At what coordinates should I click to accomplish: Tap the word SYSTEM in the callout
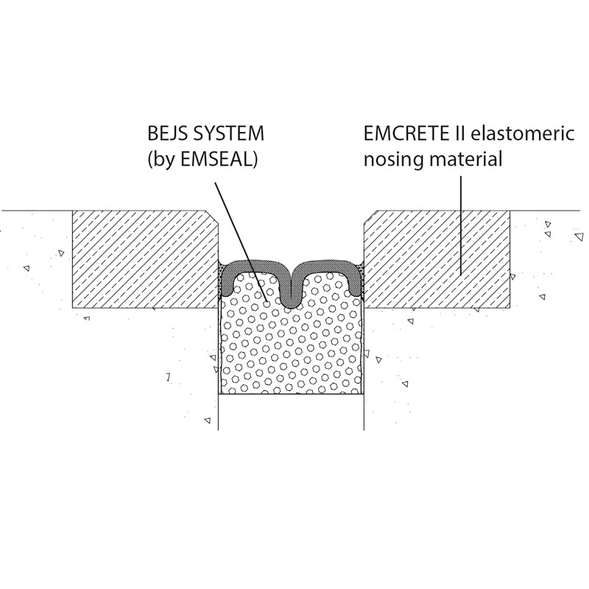tap(228, 134)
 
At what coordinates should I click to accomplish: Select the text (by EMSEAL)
tap(202, 160)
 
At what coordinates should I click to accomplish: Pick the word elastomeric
tap(521, 134)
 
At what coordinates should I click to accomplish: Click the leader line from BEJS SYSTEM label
tap(241, 243)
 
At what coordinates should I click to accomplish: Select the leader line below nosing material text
tap(462, 225)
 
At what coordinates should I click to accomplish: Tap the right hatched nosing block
tap(437, 259)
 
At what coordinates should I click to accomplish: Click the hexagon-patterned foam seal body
tap(292, 345)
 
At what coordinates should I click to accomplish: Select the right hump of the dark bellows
tap(328, 267)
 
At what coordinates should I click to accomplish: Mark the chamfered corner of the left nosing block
tap(213, 218)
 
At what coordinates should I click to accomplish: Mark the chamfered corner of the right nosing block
tap(371, 217)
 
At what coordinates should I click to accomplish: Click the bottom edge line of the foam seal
tap(292, 394)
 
